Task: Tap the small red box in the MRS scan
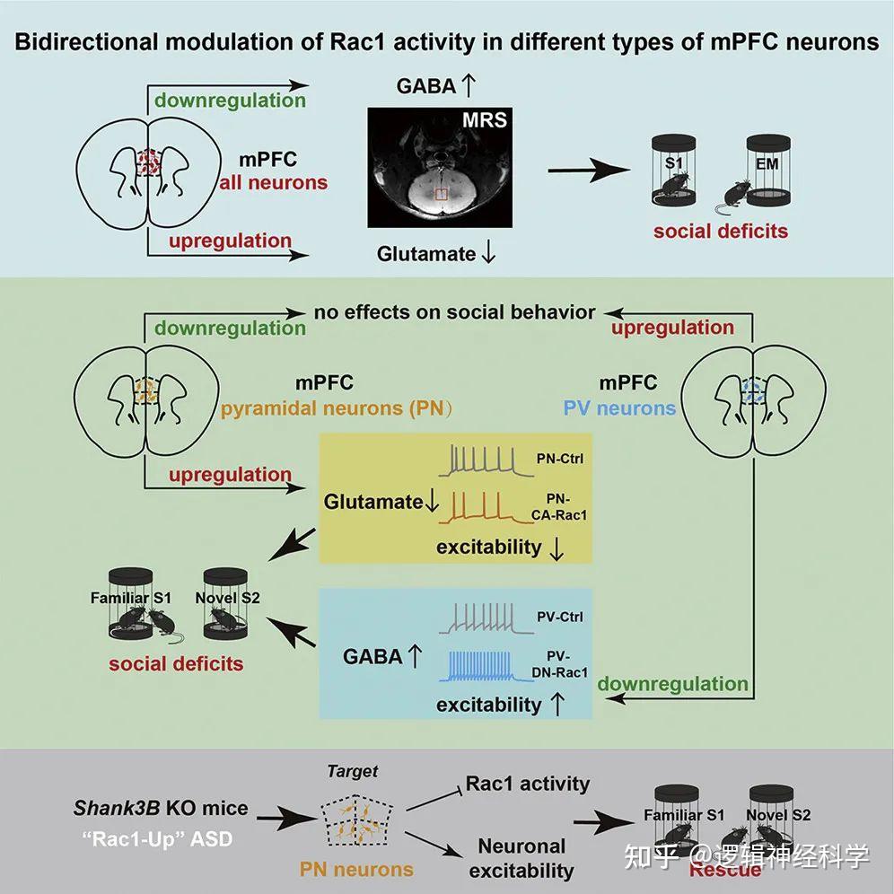[441, 194]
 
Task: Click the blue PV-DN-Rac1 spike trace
[489, 667]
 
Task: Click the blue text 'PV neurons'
[619, 408]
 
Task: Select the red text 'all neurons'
[274, 183]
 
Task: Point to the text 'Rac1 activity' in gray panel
[528, 784]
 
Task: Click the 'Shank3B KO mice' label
[161, 808]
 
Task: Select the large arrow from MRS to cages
[587, 171]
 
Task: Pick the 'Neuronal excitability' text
[521, 857]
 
